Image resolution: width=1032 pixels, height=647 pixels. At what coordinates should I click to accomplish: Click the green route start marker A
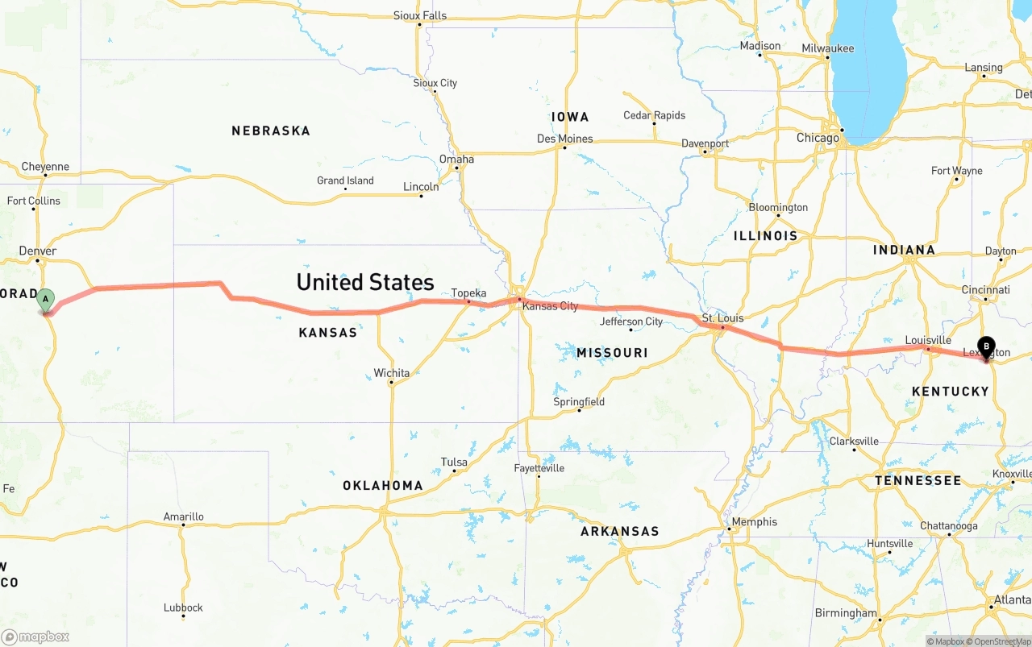tap(46, 300)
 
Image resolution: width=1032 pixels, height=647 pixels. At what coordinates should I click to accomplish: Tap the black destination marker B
tap(986, 346)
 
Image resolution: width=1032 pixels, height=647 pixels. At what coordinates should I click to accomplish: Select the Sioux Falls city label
tap(419, 15)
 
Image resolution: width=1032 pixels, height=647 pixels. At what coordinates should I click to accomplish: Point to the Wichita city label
tap(391, 373)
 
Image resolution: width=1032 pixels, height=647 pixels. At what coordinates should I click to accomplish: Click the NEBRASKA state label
tap(270, 131)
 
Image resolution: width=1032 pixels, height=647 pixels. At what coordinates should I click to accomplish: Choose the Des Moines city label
tap(564, 139)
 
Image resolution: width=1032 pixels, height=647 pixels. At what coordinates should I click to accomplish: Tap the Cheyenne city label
tap(45, 167)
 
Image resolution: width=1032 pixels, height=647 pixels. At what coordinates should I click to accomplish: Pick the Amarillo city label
tap(184, 516)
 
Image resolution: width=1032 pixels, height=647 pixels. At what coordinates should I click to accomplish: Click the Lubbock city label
tap(183, 608)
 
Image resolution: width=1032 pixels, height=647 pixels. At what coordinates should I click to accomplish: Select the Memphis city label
tap(755, 521)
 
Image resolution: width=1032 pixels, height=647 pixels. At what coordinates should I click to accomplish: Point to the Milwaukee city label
tap(827, 48)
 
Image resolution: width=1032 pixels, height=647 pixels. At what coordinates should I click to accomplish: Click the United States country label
tap(365, 282)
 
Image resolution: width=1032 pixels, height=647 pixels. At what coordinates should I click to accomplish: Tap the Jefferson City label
tap(632, 321)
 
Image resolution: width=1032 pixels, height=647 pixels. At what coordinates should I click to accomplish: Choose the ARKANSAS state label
tap(619, 531)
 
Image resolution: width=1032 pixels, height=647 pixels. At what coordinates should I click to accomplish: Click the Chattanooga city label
tap(948, 526)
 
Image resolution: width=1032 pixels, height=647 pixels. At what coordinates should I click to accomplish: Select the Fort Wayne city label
tap(956, 171)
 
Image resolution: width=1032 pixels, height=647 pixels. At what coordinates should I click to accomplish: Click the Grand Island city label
tap(345, 180)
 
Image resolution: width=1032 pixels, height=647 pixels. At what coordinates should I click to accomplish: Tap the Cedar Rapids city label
tap(654, 115)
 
